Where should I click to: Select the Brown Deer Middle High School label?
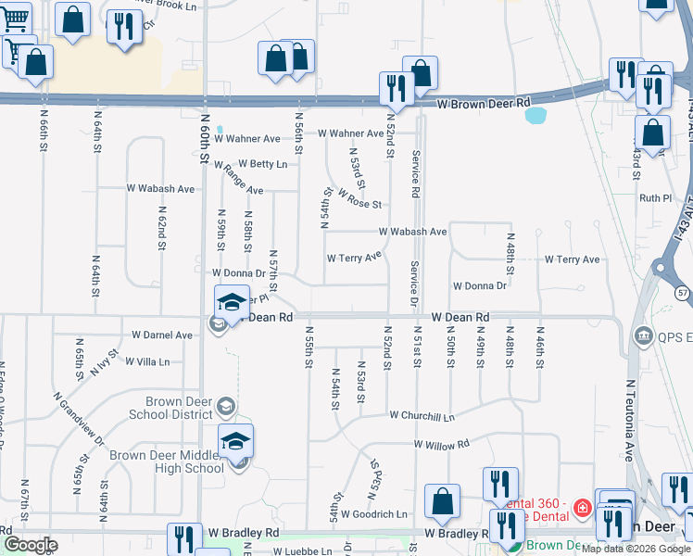coord(167,461)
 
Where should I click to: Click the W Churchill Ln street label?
coord(422,416)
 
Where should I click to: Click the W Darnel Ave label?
coord(161,335)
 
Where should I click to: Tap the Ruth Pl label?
coord(655,198)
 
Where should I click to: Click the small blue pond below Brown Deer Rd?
coord(535,116)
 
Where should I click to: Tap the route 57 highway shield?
coord(683,293)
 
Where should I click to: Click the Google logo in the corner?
coord(30,545)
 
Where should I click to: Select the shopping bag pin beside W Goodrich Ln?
coord(442,501)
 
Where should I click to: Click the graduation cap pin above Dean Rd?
coord(232,301)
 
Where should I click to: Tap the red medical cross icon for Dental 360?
coord(582,507)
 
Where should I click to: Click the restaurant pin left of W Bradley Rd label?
coord(184,540)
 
